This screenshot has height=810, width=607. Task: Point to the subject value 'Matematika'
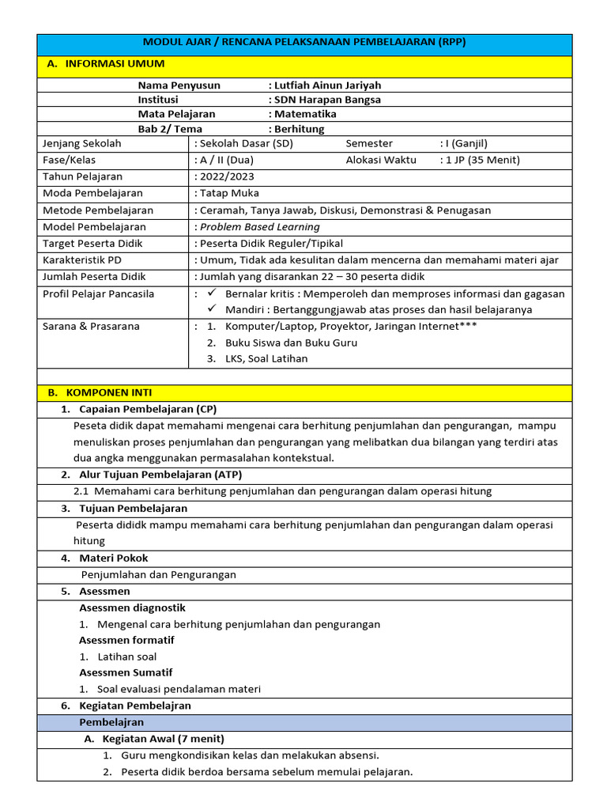(305, 114)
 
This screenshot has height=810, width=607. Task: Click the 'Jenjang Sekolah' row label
(82, 143)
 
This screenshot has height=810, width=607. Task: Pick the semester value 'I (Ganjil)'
(466, 143)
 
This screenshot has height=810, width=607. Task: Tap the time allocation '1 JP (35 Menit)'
(483, 160)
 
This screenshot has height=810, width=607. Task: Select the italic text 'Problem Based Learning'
(260, 226)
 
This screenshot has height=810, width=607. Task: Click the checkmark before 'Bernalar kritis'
(211, 293)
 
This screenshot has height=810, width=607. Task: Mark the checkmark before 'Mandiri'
(211, 309)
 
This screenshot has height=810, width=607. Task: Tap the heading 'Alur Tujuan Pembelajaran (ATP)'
(160, 475)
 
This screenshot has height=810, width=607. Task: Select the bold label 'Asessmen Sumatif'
(126, 672)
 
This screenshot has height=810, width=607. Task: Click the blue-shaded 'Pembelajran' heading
(111, 722)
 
